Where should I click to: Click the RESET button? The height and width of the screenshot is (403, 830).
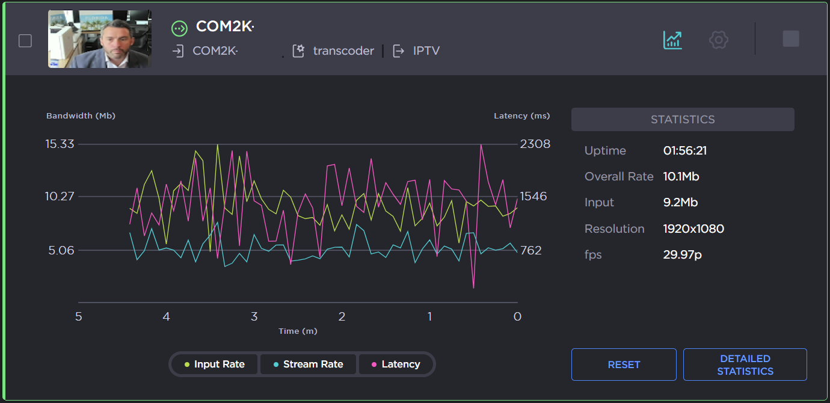coord(624,365)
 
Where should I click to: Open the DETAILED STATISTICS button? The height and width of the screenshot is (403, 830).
coord(745,365)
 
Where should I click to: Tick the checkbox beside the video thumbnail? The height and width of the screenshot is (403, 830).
coord(25,41)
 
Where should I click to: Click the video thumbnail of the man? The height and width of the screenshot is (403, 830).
coord(100,39)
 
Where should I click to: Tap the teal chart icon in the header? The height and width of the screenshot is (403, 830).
coord(672,40)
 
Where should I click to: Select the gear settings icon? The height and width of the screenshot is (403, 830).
coord(719,40)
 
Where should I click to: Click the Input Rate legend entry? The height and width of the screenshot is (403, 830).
coord(215,364)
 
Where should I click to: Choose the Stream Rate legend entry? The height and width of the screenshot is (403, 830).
coord(308,364)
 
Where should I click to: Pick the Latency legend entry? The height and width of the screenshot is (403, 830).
coord(396,364)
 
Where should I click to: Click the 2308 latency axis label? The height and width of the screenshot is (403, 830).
coord(535,144)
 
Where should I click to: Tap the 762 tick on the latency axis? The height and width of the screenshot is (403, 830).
coord(530,250)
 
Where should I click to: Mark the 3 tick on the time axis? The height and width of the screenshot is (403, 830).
coord(254,316)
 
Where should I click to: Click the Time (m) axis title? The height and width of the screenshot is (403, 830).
coord(298,331)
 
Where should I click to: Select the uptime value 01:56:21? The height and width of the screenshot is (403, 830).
coord(684,150)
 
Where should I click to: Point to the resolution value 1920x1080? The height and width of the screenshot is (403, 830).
coord(693,229)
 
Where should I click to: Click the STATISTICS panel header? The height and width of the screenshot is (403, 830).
coord(683,119)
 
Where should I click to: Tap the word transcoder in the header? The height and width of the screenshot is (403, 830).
coord(343,51)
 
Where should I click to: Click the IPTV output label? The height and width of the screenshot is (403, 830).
coord(426,51)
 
